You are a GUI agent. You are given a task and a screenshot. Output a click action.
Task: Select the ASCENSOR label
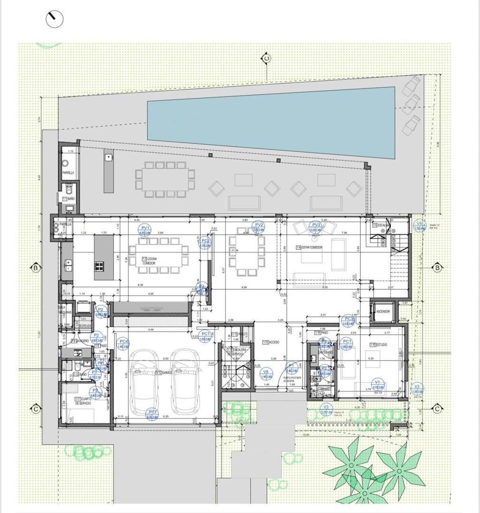coord(383,312)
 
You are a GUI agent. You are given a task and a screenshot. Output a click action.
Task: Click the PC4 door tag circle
coord(123,343)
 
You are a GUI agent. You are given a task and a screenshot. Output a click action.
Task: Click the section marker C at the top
coord(267,58)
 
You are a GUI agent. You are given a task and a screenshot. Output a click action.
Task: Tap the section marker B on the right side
coord(438,268)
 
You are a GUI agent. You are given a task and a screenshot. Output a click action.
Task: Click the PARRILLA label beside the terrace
coord(68,173)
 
